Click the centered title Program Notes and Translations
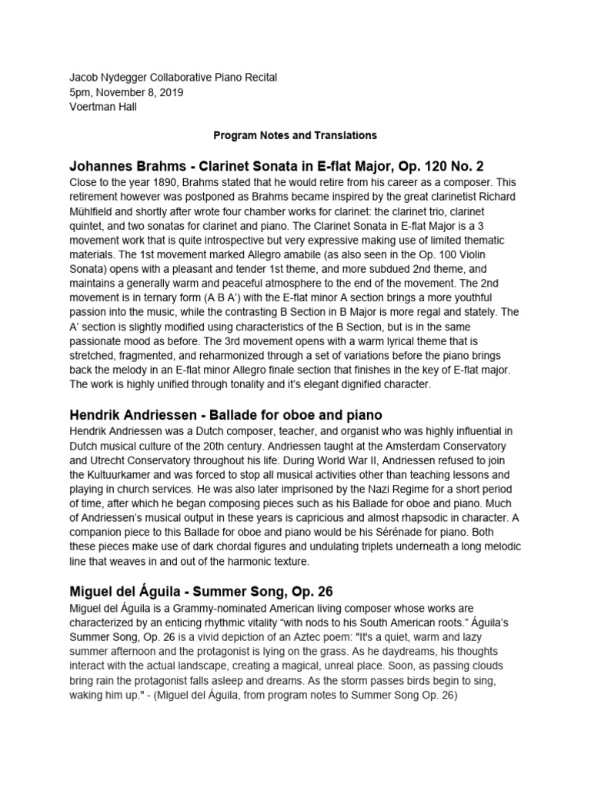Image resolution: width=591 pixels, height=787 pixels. [295, 135]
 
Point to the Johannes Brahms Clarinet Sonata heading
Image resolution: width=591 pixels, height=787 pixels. [276, 165]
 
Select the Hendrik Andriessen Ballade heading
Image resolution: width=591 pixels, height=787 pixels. [225, 416]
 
